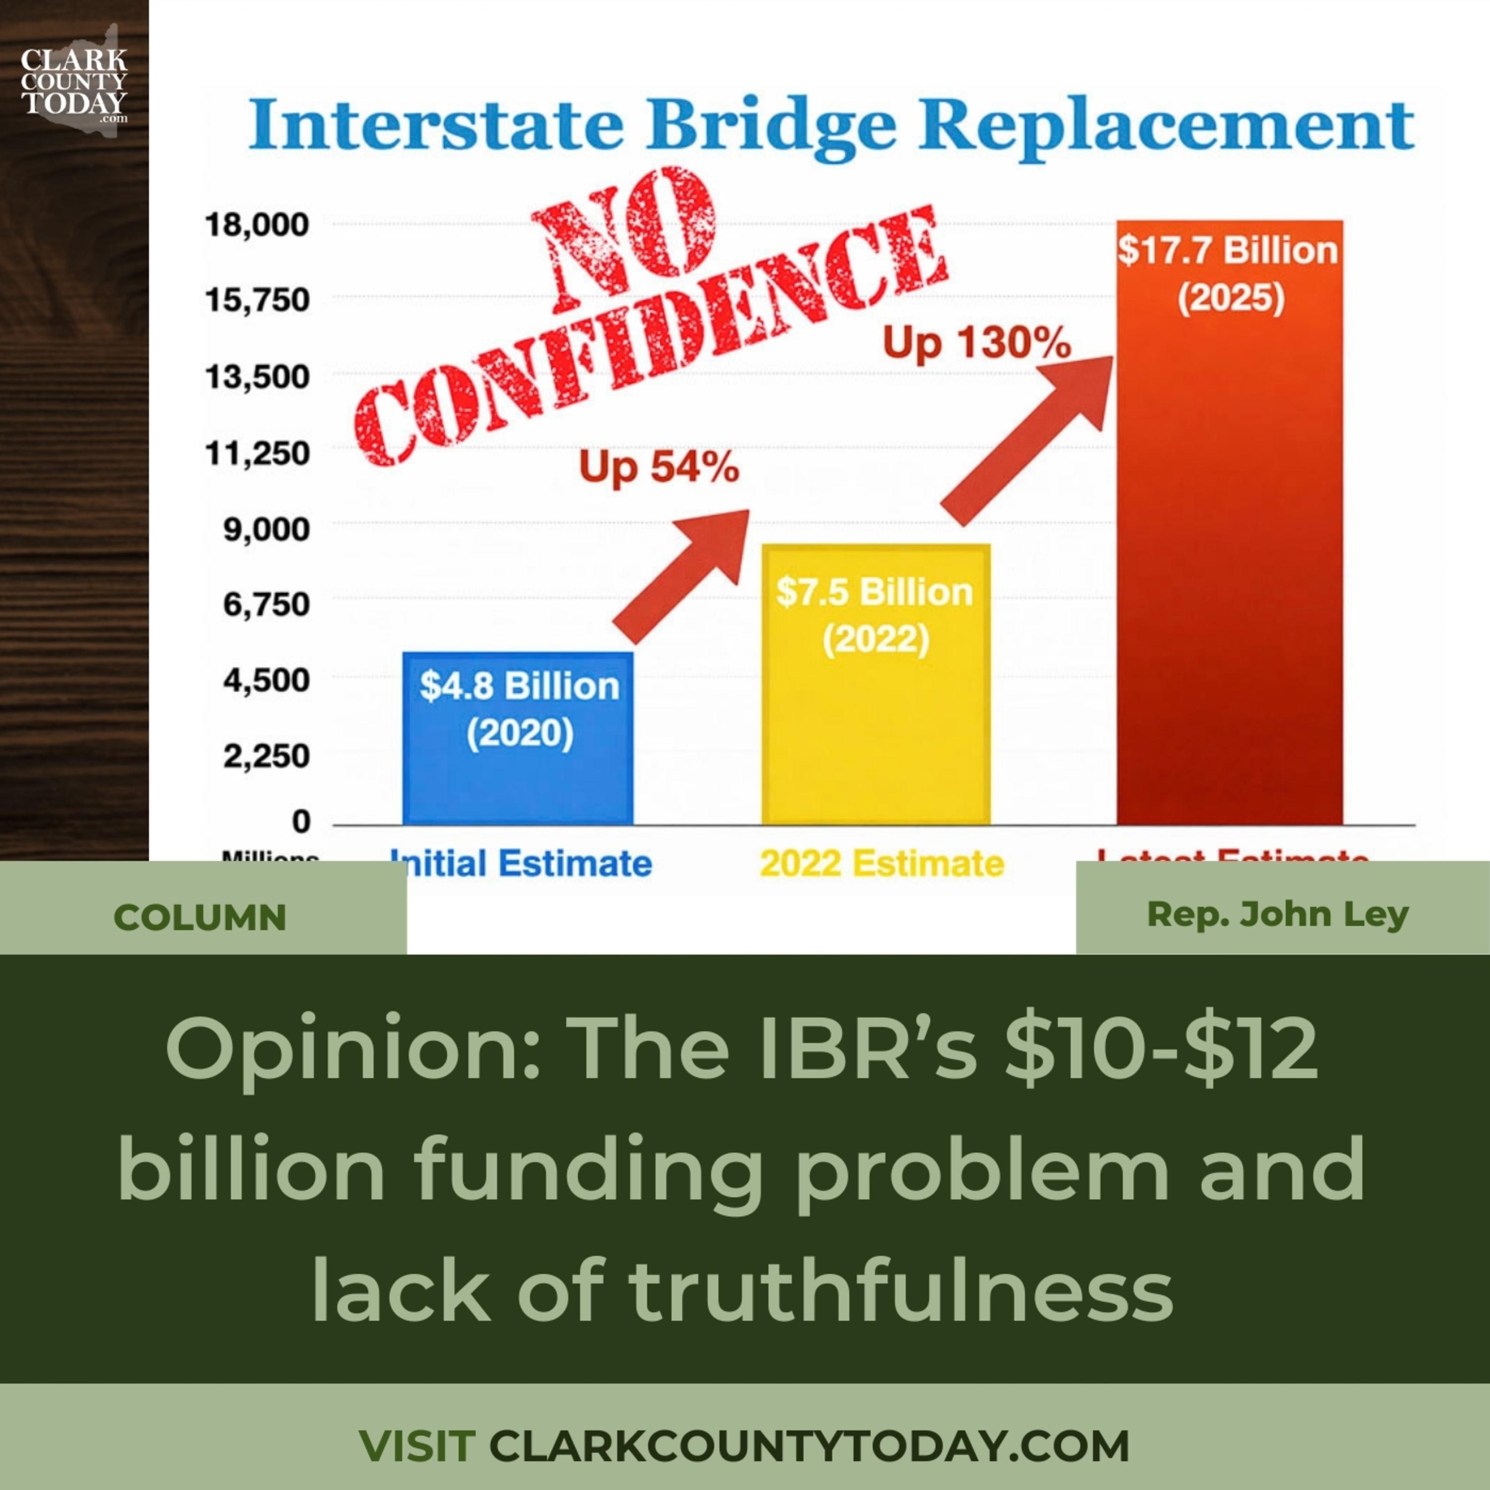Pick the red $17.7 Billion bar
(1229, 524)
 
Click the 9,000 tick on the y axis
(266, 529)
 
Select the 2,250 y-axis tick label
(266, 756)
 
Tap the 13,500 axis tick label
(257, 378)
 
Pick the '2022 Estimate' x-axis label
(882, 864)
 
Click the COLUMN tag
(200, 917)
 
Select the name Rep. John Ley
(1278, 915)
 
